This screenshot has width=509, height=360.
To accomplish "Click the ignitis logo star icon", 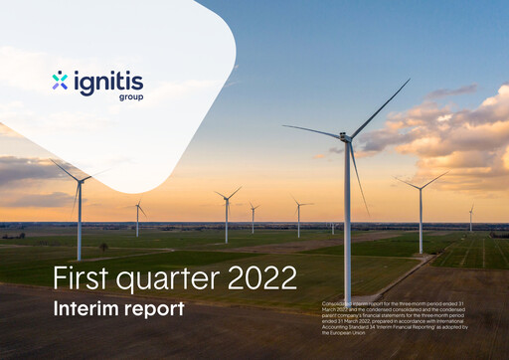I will [61, 80].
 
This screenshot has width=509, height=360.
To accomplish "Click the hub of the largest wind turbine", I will [347, 138].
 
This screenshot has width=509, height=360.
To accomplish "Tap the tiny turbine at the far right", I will [471, 219].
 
